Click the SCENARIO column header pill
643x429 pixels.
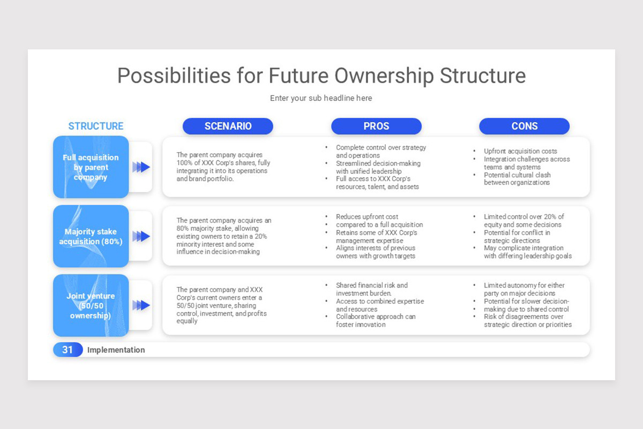pyautogui.click(x=228, y=126)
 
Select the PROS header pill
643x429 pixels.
pyautogui.click(x=376, y=126)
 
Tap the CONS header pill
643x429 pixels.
pyautogui.click(x=525, y=126)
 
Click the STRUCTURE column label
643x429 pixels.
pyautogui.click(x=96, y=126)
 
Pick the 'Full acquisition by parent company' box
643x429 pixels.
pyautogui.click(x=91, y=167)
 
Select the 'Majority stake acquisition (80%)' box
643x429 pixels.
pyautogui.click(x=91, y=236)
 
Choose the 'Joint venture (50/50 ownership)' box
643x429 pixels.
pyautogui.click(x=91, y=306)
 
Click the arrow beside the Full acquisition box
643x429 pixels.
pyautogui.click(x=141, y=167)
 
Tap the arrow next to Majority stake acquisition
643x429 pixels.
pyautogui.click(x=141, y=236)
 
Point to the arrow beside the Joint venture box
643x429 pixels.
pyautogui.click(x=141, y=305)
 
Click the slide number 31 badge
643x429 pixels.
pyautogui.click(x=68, y=350)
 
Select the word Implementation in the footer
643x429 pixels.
pyautogui.click(x=116, y=350)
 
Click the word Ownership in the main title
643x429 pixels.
pyautogui.click(x=384, y=76)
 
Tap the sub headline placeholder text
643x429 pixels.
pyautogui.click(x=321, y=98)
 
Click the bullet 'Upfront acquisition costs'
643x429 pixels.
pyautogui.click(x=520, y=151)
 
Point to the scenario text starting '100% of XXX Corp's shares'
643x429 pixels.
pyautogui.click(x=223, y=167)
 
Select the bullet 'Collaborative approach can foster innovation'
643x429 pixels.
pyautogui.click(x=376, y=321)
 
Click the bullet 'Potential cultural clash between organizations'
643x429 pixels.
pyautogui.click(x=517, y=179)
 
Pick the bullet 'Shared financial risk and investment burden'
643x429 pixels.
pyautogui.click(x=372, y=290)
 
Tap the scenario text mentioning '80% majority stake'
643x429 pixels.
pyautogui.click(x=224, y=236)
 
